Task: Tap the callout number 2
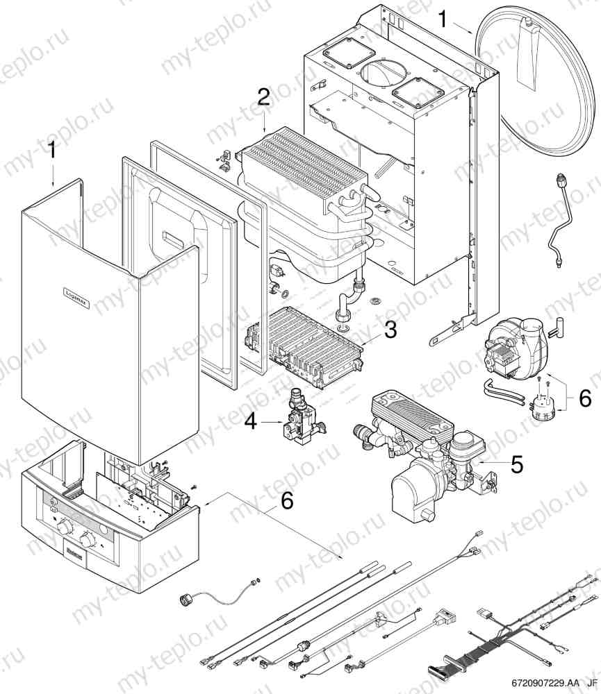(x=263, y=97)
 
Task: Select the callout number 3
(x=390, y=330)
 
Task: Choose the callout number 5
(x=516, y=464)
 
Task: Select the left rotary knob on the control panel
(x=65, y=529)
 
